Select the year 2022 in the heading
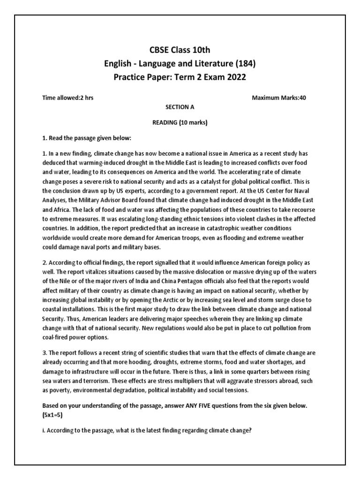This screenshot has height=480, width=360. [233, 77]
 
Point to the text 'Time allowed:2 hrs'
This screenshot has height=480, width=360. [70, 98]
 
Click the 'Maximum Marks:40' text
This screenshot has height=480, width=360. [280, 98]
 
